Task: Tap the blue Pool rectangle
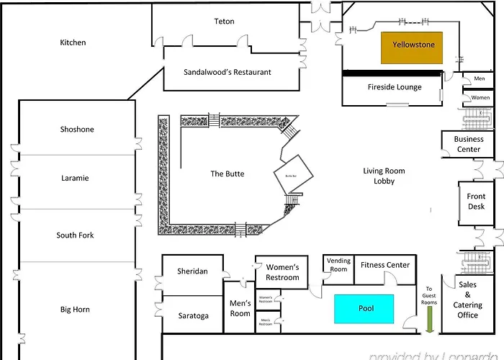[x=364, y=308]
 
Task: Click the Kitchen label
[x=73, y=42]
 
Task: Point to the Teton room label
[x=224, y=22]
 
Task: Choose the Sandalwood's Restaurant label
[x=228, y=72]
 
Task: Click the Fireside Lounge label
[x=395, y=88]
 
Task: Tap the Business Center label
[x=468, y=144]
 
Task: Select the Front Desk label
[x=476, y=202]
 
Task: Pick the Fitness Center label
[x=385, y=265]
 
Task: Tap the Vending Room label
[x=338, y=264]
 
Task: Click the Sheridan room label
[x=192, y=271]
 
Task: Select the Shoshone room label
[x=77, y=130]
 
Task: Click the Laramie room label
[x=75, y=178]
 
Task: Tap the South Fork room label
[x=75, y=235]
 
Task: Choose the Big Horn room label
[x=75, y=310]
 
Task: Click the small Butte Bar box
[x=293, y=175]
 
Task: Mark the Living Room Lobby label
[x=384, y=176]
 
